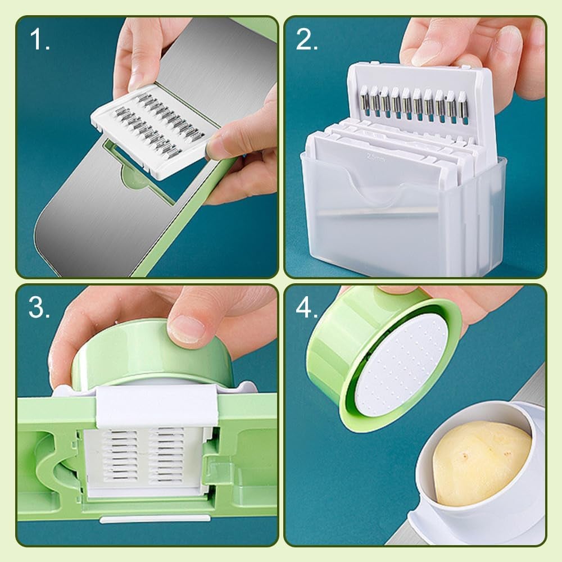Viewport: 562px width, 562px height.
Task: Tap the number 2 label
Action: (x=307, y=40)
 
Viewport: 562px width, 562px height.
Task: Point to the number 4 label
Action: (x=307, y=308)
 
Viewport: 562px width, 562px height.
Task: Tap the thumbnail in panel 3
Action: (x=187, y=328)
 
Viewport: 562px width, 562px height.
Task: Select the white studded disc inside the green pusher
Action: (x=402, y=368)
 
